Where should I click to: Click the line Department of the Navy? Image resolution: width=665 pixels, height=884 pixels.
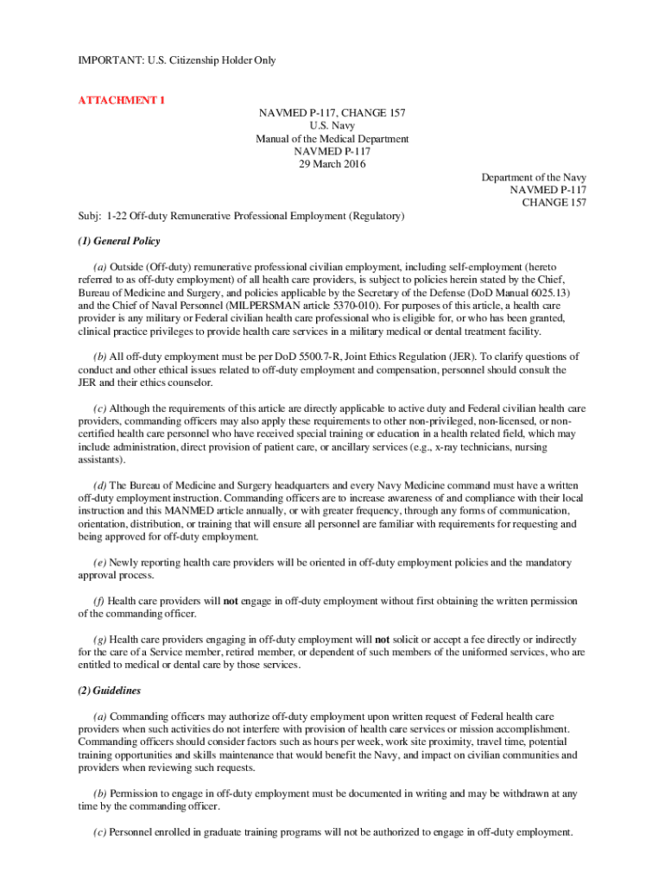pos(534,177)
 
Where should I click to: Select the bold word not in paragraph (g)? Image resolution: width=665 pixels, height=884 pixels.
pos(382,640)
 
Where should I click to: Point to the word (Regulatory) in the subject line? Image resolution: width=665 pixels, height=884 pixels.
pos(377,215)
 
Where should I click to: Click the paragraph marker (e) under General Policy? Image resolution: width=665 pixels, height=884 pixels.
pos(99,563)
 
